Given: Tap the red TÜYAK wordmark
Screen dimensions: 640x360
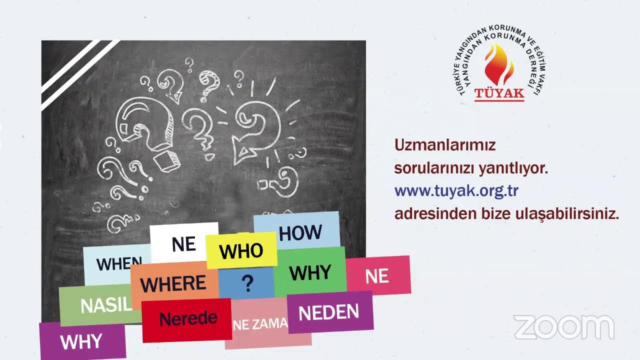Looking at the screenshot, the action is point(499,93).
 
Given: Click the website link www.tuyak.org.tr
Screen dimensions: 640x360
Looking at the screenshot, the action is point(456,191).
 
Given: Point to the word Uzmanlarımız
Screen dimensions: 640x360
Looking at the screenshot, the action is point(445,145).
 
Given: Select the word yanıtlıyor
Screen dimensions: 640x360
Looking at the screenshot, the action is point(513,168).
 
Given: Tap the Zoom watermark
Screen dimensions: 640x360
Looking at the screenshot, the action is point(564,327).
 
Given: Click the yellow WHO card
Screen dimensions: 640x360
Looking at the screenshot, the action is point(241,250).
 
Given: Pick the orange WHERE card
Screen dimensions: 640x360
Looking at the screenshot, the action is point(173,283).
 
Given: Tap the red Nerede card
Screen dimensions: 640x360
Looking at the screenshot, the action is point(187,319).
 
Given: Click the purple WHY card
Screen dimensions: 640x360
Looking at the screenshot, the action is point(82,341).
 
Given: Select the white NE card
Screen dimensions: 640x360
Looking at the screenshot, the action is point(183,243).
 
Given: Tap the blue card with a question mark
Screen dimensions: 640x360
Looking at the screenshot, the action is point(247,283).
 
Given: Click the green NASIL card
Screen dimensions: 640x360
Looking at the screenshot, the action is point(100,305).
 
